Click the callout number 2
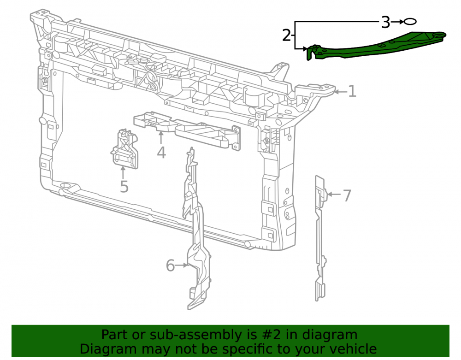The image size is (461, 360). (287, 35)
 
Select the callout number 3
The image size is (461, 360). (385, 22)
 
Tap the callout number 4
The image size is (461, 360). (161, 153)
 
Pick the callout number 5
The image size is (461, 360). (124, 187)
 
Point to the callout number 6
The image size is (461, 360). (170, 266)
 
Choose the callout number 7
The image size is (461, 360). (347, 195)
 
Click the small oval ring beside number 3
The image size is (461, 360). (410, 22)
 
